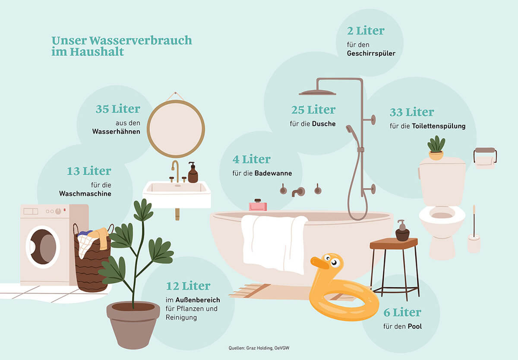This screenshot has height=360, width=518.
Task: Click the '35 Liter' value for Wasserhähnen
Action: (118, 109)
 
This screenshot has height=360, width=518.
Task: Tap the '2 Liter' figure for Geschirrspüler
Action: (366, 31)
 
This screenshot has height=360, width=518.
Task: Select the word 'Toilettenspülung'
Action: (439, 126)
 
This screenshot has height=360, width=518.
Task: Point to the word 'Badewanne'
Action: (273, 173)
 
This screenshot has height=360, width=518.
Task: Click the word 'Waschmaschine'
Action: (85, 193)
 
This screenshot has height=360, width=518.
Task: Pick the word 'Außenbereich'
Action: (198, 300)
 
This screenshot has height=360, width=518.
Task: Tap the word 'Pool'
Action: (415, 326)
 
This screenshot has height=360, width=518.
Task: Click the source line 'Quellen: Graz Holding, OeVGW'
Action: (259, 348)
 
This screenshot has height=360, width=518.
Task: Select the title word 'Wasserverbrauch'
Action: (141, 41)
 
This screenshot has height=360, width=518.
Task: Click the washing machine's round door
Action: (43, 247)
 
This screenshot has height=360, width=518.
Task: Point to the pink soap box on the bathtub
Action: (258, 205)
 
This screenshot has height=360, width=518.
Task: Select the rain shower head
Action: (317, 92)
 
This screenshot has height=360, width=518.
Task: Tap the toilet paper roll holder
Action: (485, 158)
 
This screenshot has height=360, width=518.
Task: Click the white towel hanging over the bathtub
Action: (274, 244)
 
